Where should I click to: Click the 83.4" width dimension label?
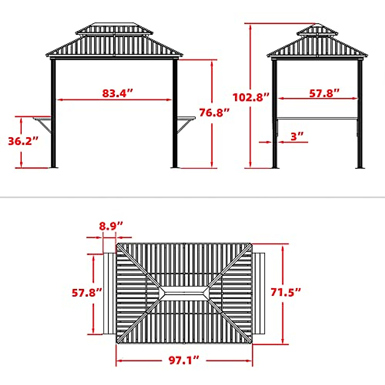click(x=117, y=93)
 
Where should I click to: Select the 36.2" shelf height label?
click(x=23, y=141)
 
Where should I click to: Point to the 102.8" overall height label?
click(x=251, y=97)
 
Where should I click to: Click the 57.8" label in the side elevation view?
click(x=324, y=93)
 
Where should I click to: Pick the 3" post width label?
click(x=297, y=136)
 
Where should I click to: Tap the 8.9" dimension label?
click(x=111, y=226)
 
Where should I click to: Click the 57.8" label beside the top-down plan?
click(x=87, y=293)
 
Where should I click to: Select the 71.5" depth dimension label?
click(x=286, y=292)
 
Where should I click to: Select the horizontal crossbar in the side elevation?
click(x=317, y=119)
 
